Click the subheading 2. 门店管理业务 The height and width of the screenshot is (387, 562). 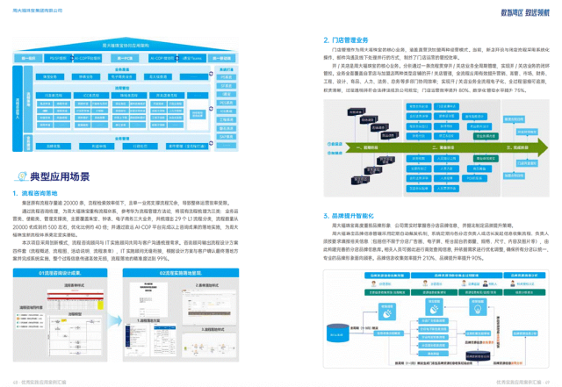click(338, 39)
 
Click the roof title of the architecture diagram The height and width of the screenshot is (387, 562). click(127, 43)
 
